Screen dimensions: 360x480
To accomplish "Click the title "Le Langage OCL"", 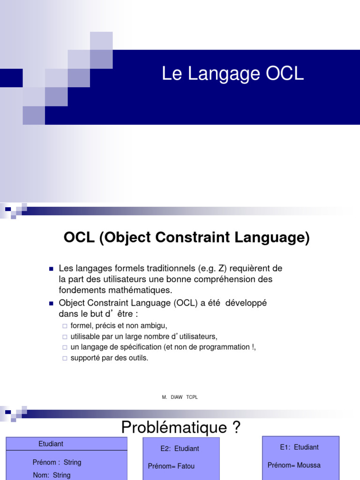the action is click(x=232, y=74).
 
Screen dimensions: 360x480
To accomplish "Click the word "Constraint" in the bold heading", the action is click(x=193, y=237).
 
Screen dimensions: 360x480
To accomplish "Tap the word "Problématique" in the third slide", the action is click(x=174, y=427).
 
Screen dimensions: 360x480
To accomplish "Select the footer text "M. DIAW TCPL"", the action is click(x=180, y=397).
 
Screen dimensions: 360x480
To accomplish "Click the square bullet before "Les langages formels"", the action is click(x=51, y=269).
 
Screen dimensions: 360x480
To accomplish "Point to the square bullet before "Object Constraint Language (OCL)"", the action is click(x=51, y=304).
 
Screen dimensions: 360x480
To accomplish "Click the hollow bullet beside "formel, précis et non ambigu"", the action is click(x=65, y=326).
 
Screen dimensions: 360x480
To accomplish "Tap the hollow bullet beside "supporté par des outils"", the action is click(x=65, y=358).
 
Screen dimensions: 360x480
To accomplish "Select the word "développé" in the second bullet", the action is click(x=246, y=303).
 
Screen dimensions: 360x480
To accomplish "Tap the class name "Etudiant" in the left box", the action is click(x=51, y=444).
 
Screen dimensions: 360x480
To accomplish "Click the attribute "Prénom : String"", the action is click(x=57, y=462).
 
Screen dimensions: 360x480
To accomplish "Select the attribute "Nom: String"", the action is click(x=52, y=475).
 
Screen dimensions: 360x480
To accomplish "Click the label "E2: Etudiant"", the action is click(x=180, y=449).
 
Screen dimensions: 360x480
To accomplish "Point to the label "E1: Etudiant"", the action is click(x=299, y=447).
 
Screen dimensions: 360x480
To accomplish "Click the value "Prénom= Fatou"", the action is click(x=171, y=466).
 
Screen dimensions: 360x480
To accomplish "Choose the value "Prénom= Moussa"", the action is click(x=294, y=465).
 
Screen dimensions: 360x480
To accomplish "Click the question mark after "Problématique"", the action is click(x=236, y=427).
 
